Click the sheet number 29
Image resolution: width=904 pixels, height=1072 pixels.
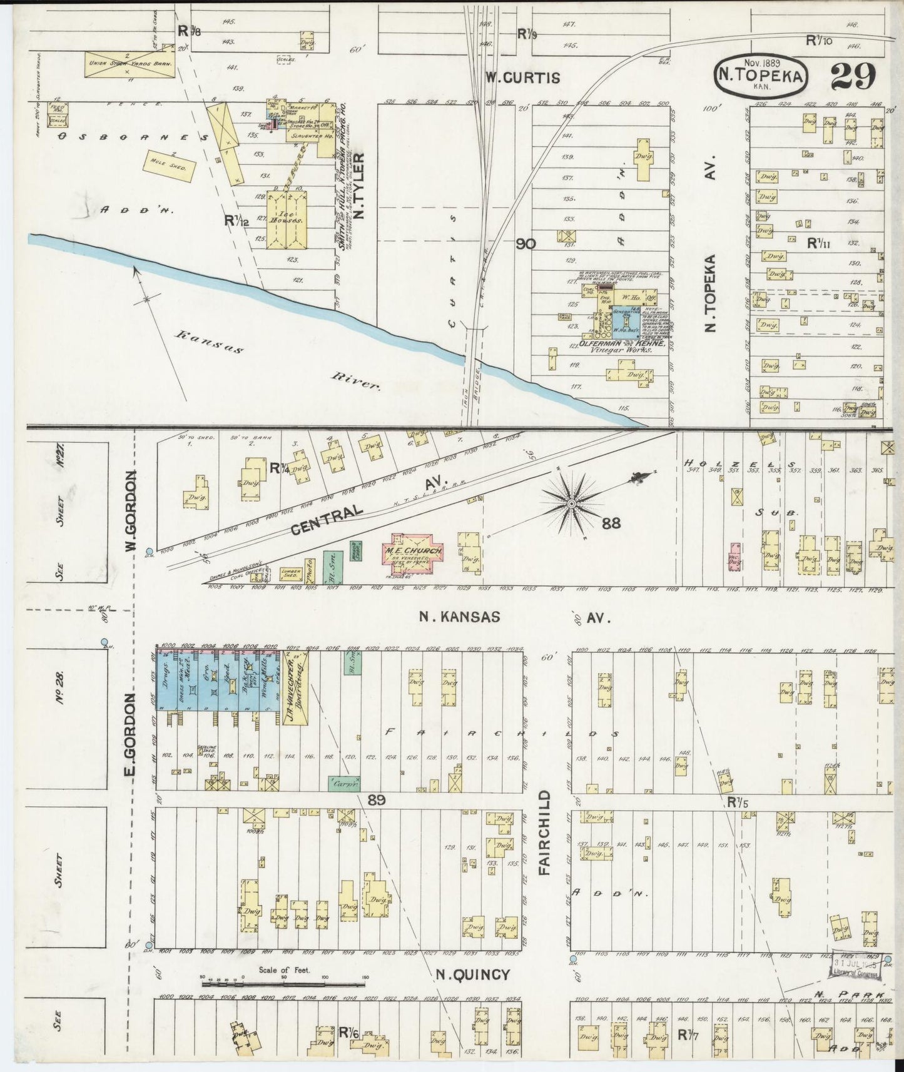(853, 77)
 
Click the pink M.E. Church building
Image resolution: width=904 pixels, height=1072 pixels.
(413, 551)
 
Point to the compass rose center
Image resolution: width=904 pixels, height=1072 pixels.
(571, 503)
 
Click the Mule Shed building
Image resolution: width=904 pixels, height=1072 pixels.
(170, 164)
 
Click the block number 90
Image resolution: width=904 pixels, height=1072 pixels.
(526, 243)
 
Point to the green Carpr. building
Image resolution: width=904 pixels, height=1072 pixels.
(340, 782)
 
